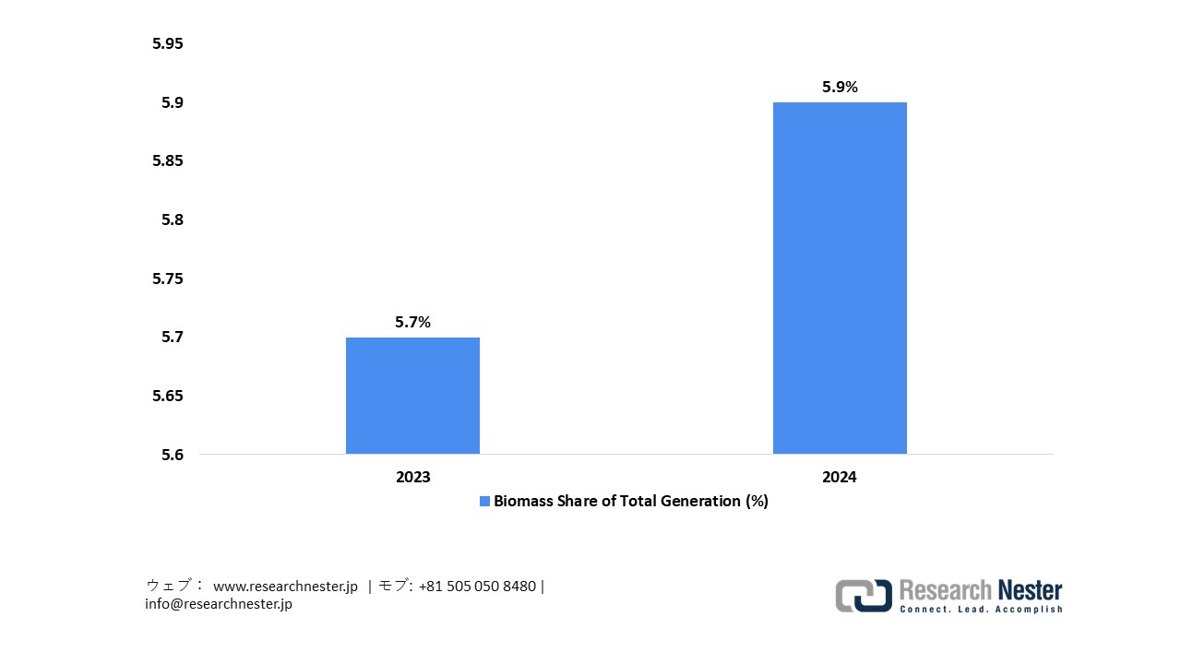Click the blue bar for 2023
[412, 396]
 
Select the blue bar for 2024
[840, 278]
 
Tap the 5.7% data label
[412, 322]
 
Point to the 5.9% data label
[840, 87]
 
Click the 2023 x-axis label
[412, 477]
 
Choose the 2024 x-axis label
[840, 477]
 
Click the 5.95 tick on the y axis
[168, 43]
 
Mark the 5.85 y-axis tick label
[168, 160]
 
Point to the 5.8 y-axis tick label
[172, 219]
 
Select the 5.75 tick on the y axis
[168, 279]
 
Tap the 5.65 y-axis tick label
[168, 396]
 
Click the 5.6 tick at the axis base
[172, 455]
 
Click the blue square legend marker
[484, 502]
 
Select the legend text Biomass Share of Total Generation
[630, 501]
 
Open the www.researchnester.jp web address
[285, 587]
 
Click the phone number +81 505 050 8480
[477, 587]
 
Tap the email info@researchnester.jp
[219, 604]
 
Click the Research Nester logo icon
[864, 596]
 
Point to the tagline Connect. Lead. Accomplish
[981, 609]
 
